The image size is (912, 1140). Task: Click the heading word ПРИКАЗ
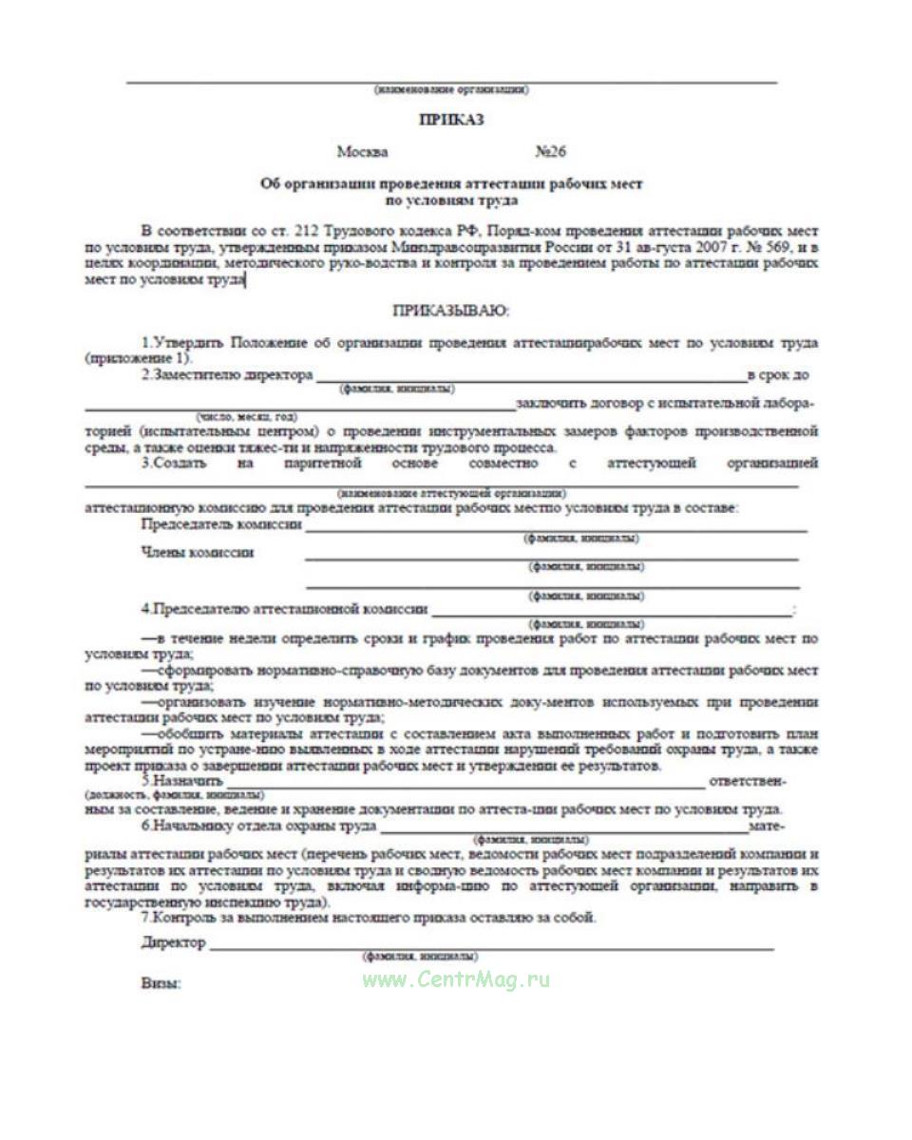pyautogui.click(x=452, y=120)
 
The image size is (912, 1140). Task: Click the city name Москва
pyautogui.click(x=362, y=152)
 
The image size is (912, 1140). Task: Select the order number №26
pyautogui.click(x=551, y=152)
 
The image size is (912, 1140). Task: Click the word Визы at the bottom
pyautogui.click(x=161, y=984)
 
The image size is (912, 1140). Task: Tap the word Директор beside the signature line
pyautogui.click(x=173, y=942)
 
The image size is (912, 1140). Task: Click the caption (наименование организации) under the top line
pyautogui.click(x=451, y=90)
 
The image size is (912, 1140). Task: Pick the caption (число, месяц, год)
pyautogui.click(x=246, y=417)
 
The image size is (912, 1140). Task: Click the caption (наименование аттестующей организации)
pyautogui.click(x=451, y=494)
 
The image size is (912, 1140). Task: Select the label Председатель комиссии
pyautogui.click(x=221, y=524)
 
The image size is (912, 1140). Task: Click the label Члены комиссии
pyautogui.click(x=197, y=553)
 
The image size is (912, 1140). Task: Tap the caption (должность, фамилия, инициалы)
pyautogui.click(x=175, y=793)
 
